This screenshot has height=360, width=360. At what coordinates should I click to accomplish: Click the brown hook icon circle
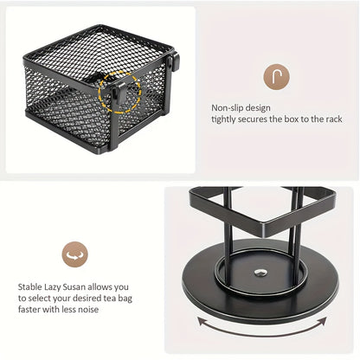(276, 77)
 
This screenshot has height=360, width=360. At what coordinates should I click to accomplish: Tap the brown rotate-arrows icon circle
(75, 254)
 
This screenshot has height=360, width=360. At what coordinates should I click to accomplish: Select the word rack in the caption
(334, 119)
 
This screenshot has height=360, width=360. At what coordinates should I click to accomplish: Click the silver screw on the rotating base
(260, 273)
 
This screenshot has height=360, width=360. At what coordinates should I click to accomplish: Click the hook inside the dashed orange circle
(119, 92)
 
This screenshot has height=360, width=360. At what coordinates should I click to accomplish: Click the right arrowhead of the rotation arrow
(324, 321)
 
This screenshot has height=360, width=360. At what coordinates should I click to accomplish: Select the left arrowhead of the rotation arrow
(201, 321)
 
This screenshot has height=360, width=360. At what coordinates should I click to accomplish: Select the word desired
(87, 298)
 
